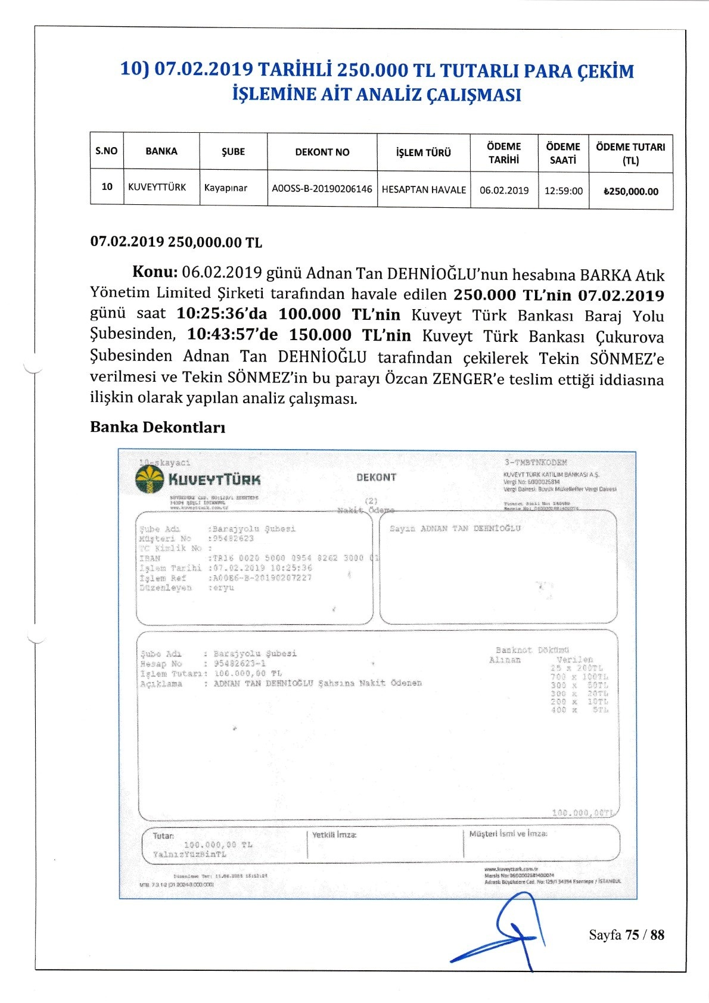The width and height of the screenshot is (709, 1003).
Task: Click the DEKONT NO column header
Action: (x=322, y=152)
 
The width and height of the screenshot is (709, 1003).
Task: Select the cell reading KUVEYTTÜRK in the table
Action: (x=157, y=187)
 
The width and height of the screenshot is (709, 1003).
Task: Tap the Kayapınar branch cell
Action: (x=225, y=188)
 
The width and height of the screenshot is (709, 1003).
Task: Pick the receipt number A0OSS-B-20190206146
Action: (x=322, y=189)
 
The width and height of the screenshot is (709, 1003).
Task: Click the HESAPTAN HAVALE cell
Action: (x=424, y=189)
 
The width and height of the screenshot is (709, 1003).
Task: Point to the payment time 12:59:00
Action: (x=563, y=191)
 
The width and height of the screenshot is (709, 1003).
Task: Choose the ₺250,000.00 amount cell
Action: (x=630, y=192)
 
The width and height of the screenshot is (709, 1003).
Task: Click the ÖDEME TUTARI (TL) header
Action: (x=630, y=153)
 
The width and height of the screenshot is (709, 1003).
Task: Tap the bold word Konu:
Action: (x=155, y=272)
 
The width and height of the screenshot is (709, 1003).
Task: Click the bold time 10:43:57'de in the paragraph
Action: (x=232, y=335)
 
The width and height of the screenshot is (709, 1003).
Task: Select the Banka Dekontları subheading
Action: (x=157, y=427)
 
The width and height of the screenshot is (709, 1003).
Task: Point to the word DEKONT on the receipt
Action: (x=375, y=477)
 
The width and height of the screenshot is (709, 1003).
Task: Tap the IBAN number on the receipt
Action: (x=293, y=558)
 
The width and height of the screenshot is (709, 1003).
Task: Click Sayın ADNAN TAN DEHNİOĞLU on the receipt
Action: (x=455, y=528)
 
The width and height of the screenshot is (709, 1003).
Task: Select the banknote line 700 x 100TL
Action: (x=579, y=677)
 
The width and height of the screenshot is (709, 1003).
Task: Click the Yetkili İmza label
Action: (x=334, y=835)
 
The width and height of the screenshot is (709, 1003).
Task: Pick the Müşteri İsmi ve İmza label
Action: (x=508, y=834)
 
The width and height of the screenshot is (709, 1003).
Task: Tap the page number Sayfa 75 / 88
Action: (x=626, y=935)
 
